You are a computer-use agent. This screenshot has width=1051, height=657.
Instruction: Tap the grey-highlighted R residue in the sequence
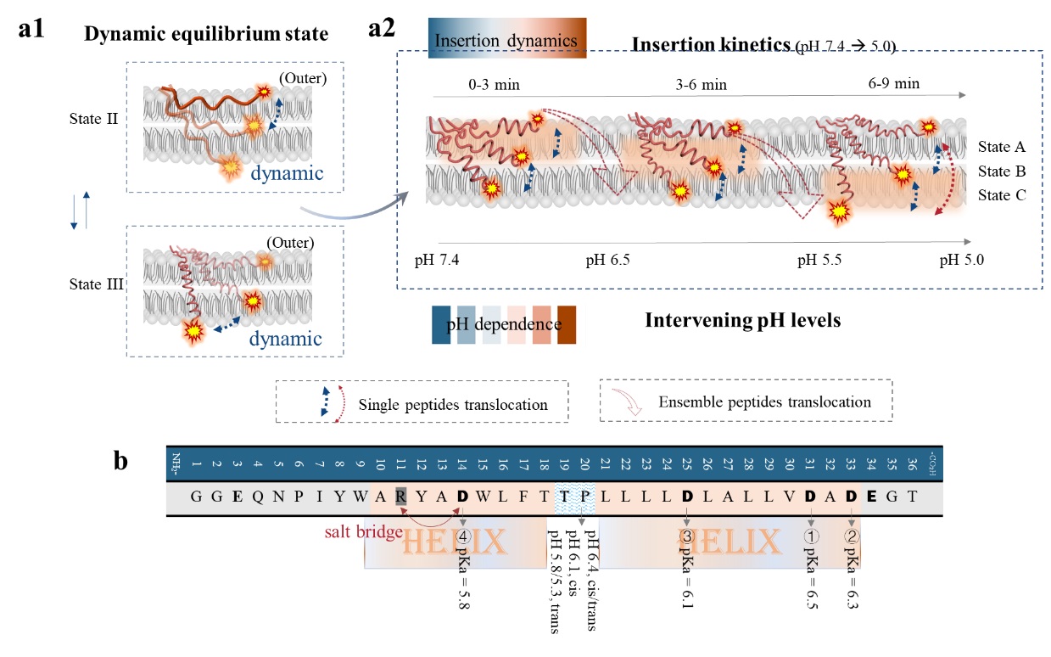click(x=400, y=497)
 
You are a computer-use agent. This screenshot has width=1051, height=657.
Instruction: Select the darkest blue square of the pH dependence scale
click(x=441, y=325)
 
